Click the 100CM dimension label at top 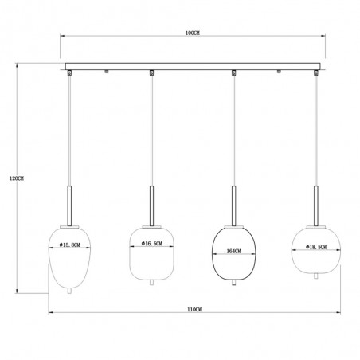point(193,33)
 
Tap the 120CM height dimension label point(17,178)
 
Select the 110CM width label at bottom point(194,310)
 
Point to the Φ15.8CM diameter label point(70,245)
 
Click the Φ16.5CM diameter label point(152,244)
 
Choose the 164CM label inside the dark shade point(234,251)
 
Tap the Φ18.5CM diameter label point(316,248)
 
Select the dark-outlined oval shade point(234,254)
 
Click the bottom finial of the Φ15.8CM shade point(69,292)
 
